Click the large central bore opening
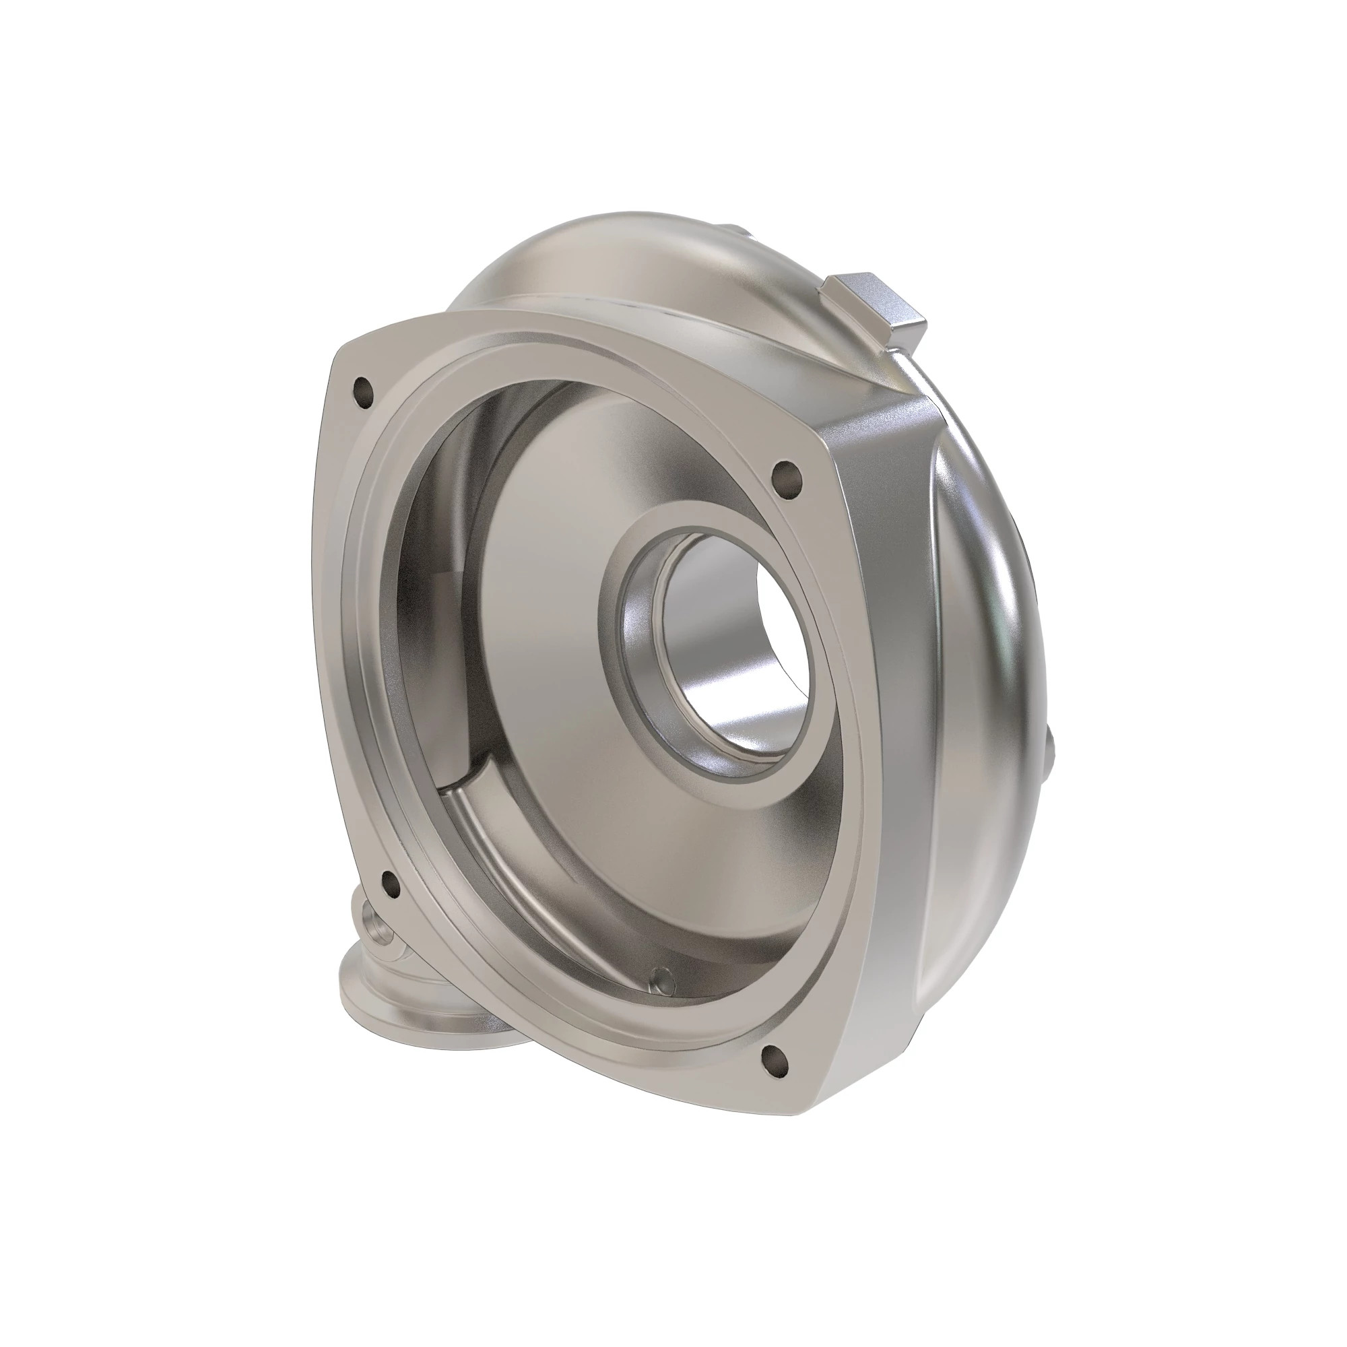(732, 655)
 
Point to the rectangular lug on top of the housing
(875, 302)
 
